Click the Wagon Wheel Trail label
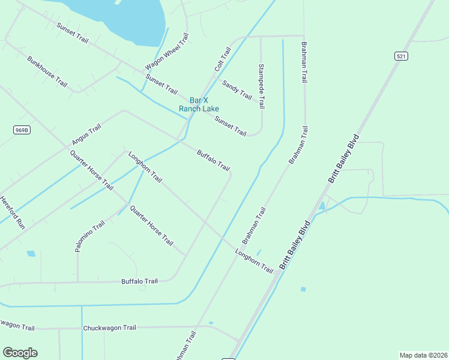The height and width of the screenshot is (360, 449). tap(167, 52)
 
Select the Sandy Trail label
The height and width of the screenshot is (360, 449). tap(237, 89)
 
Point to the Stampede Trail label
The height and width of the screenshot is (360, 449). tap(261, 86)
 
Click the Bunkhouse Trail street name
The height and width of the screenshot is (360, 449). tap(47, 72)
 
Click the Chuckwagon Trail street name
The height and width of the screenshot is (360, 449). tap(110, 328)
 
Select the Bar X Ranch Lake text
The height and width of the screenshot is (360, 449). tap(199, 104)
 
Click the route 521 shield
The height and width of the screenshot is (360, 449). tap(402, 56)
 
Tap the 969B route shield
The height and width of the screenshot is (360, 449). tap(22, 129)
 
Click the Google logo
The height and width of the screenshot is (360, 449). tap(20, 353)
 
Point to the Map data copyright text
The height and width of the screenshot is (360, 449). tap(423, 355)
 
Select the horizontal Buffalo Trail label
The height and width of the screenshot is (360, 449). tap(139, 281)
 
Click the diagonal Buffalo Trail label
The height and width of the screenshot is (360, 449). tap(213, 160)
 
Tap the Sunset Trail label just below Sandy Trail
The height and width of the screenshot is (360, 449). tap(231, 126)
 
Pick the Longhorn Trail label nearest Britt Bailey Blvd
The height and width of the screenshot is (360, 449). tap(255, 262)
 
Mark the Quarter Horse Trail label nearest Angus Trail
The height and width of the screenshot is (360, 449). tap(91, 169)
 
